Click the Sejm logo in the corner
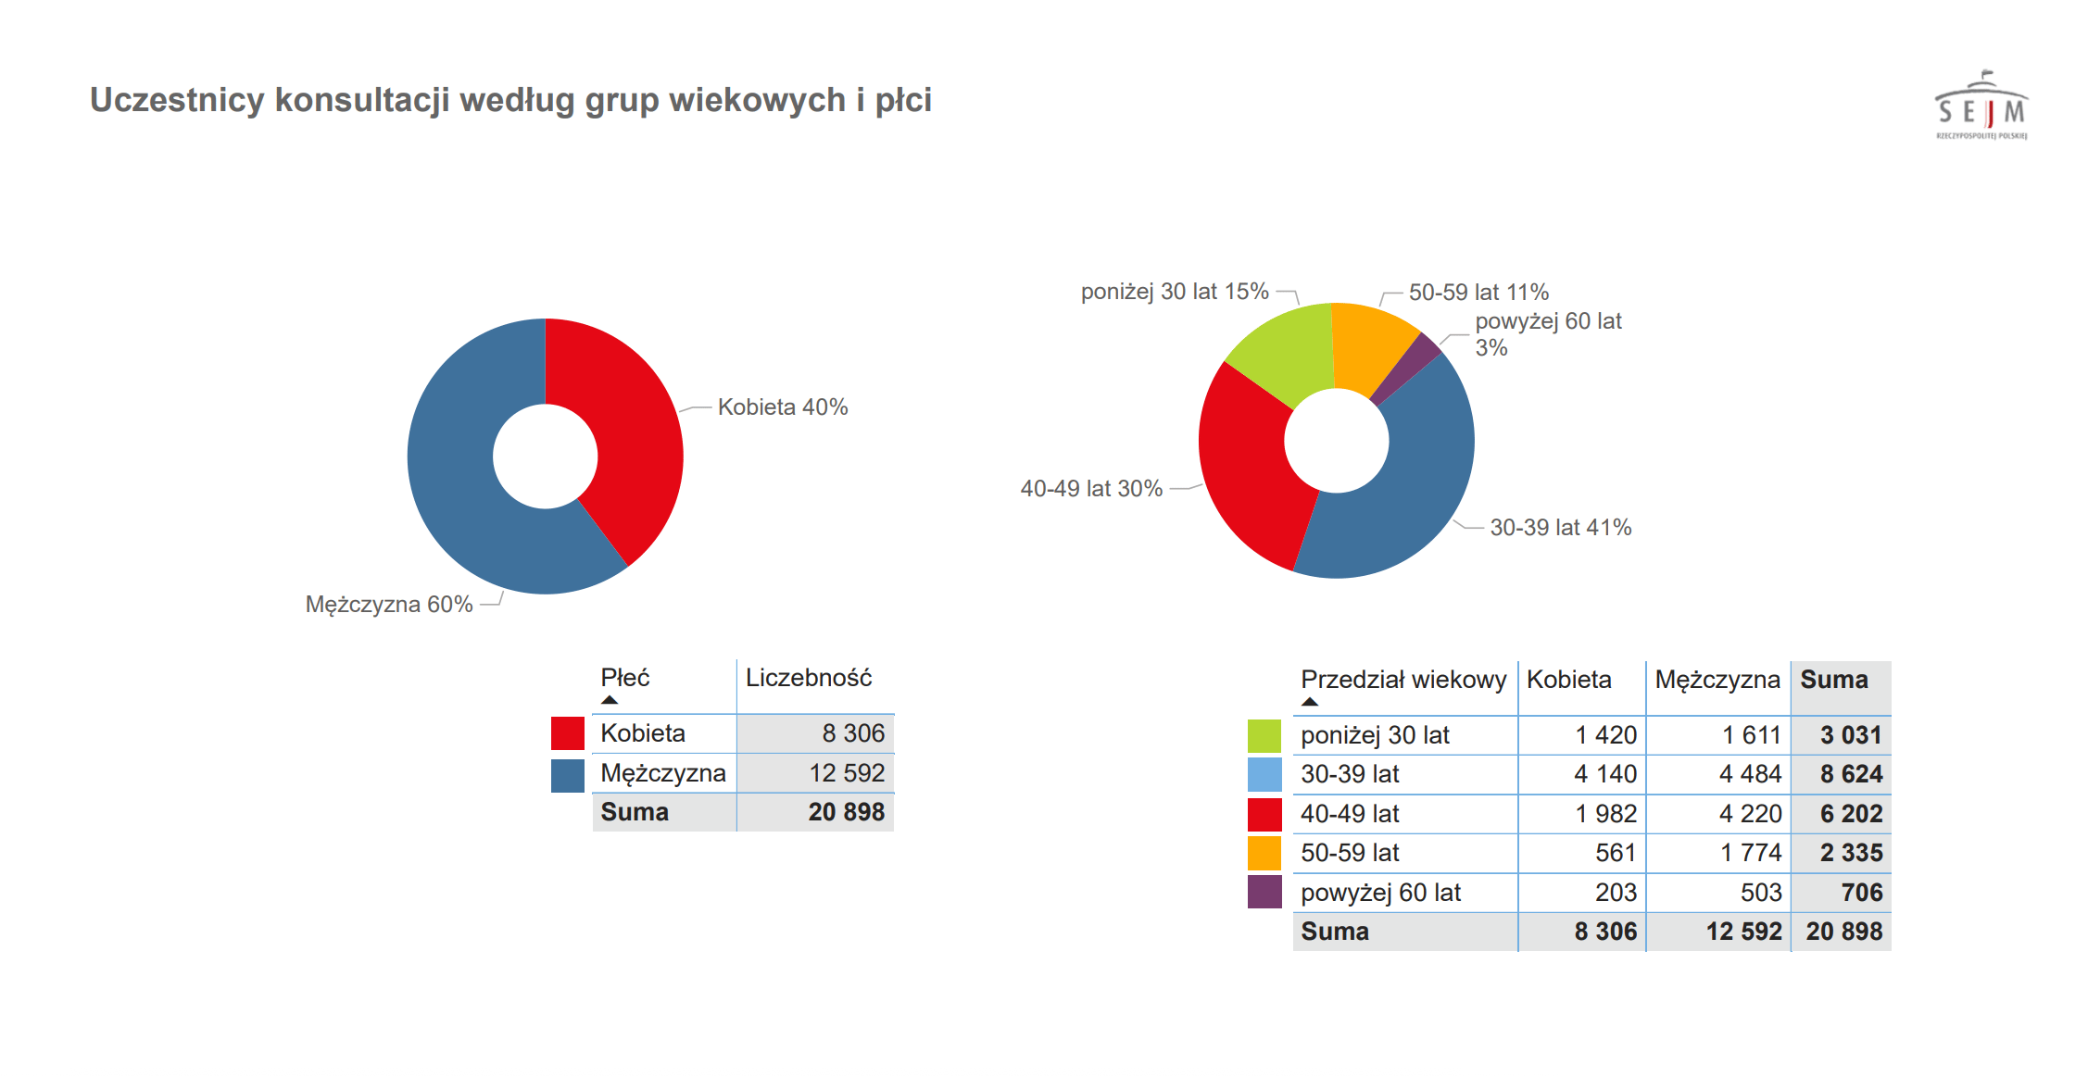click(x=1981, y=106)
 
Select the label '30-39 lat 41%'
click(x=1560, y=528)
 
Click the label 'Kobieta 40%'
click(x=782, y=407)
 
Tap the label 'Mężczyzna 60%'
click(x=389, y=605)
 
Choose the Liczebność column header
click(x=809, y=678)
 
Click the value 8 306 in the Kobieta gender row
click(x=852, y=733)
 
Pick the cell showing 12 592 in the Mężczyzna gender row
click(x=846, y=773)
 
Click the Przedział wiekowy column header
click(x=1402, y=680)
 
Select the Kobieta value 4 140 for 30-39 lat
click(x=1604, y=774)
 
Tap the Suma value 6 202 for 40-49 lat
click(x=1850, y=814)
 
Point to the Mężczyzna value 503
click(x=1760, y=893)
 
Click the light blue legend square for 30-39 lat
click(x=1264, y=774)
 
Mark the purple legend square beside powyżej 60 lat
click(x=1264, y=893)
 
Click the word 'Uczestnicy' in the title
click(x=176, y=100)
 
